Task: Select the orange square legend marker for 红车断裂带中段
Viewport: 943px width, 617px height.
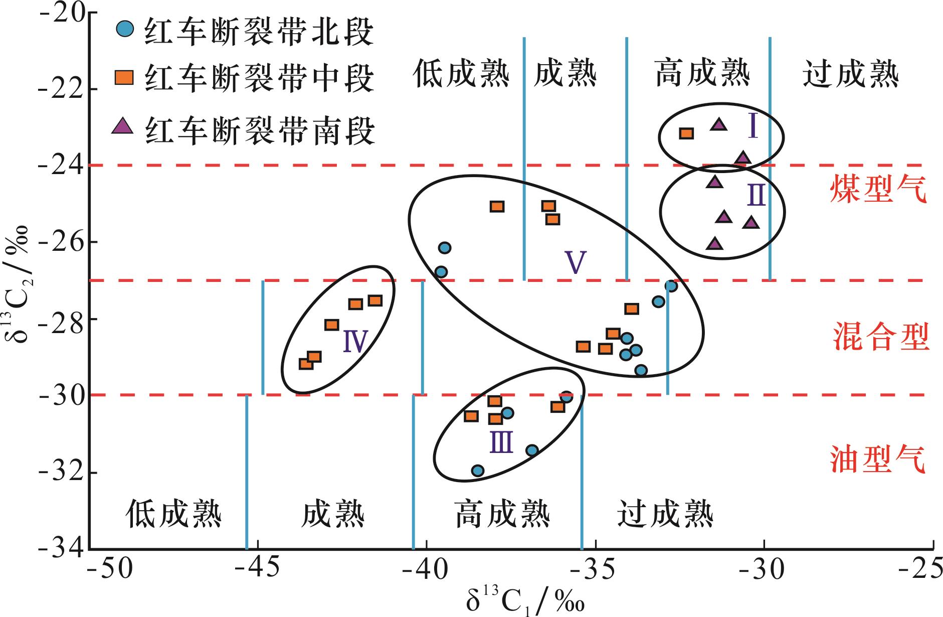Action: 124,77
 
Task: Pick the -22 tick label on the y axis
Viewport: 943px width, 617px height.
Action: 59,88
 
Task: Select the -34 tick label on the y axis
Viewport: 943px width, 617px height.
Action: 59,548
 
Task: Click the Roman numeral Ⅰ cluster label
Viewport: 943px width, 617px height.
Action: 752,126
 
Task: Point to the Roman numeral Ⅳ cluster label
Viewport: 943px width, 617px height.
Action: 356,341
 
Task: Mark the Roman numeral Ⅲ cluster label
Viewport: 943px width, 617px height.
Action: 502,442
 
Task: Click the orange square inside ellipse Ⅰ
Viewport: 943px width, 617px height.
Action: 686,133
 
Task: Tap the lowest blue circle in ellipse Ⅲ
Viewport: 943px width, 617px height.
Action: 478,471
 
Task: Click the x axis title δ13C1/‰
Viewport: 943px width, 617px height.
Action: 525,601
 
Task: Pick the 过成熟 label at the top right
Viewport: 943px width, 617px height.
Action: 851,74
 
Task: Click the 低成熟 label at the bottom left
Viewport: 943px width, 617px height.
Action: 173,514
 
